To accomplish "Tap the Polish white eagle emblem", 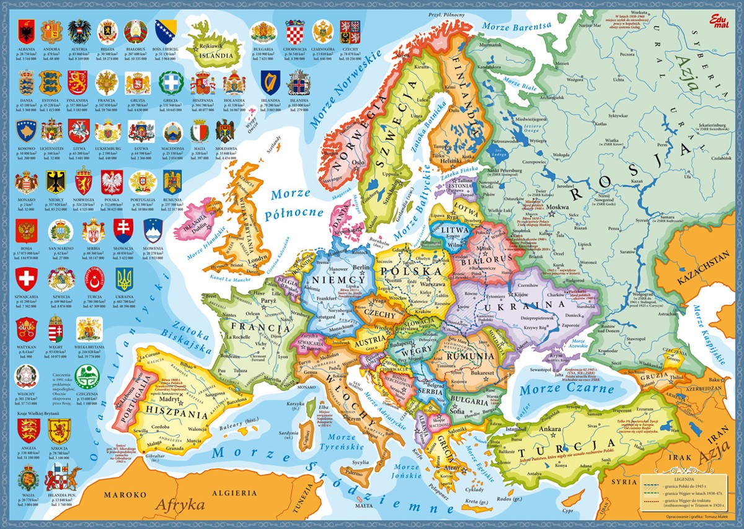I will pyautogui.click(x=113, y=182).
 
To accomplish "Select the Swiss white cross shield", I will pyautogui.click(x=27, y=280).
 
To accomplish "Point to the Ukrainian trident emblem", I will pyautogui.click(x=124, y=280).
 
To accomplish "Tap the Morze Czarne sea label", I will pyautogui.click(x=558, y=389).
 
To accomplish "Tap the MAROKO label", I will pyautogui.click(x=125, y=495).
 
